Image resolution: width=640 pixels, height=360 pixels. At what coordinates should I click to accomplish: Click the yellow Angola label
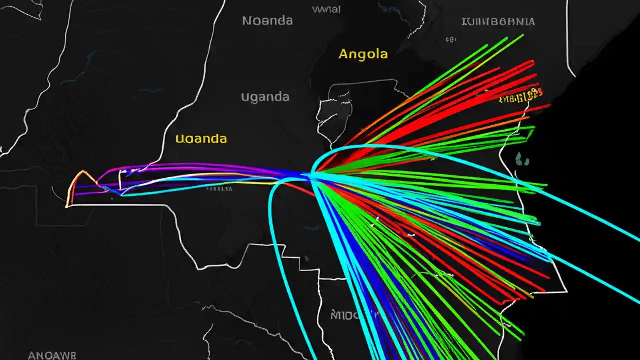click(363, 54)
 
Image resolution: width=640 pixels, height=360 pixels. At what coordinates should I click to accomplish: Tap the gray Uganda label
click(265, 97)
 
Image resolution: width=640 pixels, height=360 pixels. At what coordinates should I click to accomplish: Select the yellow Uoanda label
click(201, 139)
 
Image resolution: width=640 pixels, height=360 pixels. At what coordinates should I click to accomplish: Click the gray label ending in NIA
click(498, 22)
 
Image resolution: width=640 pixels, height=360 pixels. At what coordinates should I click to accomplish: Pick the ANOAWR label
click(52, 355)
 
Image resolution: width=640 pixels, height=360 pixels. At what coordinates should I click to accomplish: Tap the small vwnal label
click(326, 9)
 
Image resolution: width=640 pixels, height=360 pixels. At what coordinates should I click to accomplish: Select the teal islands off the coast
click(522, 159)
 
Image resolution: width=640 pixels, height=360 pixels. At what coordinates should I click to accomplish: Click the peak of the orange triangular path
click(83, 172)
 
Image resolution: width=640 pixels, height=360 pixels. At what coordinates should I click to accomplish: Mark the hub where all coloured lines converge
click(311, 174)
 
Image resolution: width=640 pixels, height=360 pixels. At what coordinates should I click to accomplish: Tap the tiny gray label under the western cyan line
click(219, 189)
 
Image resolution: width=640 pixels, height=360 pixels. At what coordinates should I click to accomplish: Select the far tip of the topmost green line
click(523, 35)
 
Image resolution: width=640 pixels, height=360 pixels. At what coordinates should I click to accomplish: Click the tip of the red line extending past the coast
click(550, 105)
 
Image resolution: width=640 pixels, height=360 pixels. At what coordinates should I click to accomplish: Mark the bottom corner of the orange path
click(67, 205)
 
